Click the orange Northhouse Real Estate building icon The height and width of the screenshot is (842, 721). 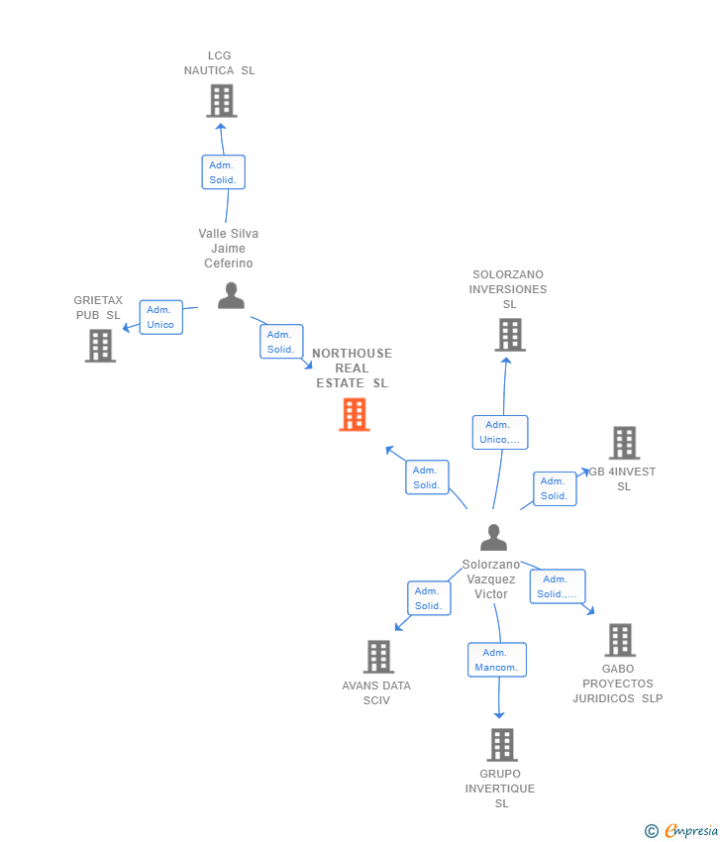pos(355,414)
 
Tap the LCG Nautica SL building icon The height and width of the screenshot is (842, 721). pos(221,101)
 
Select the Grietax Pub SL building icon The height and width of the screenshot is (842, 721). pos(100,346)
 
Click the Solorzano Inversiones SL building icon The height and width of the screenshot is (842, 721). pos(509,335)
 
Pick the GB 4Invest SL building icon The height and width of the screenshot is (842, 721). pos(624,443)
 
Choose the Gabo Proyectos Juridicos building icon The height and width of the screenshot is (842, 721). pos(620,640)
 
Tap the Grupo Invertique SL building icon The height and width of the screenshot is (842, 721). pos(502,745)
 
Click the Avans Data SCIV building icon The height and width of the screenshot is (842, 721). pos(378,657)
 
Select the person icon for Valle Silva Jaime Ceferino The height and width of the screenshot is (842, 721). pos(231,295)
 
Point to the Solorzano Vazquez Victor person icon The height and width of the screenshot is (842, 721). pos(493,537)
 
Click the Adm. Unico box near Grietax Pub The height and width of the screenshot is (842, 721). pos(160,317)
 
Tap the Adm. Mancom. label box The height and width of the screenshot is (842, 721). pos(496,660)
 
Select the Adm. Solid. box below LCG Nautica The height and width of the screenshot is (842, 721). pos(223,172)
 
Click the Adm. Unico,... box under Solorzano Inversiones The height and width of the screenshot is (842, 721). pos(500,432)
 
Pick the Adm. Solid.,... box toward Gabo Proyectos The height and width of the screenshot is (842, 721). pos(557,586)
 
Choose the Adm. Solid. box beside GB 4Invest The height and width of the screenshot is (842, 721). pos(554,488)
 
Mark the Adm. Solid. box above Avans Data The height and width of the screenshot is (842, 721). pos(428,598)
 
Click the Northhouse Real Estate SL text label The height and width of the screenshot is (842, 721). pos(352,368)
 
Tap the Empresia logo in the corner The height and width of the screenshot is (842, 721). pos(682,831)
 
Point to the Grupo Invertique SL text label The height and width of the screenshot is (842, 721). pos(500,789)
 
